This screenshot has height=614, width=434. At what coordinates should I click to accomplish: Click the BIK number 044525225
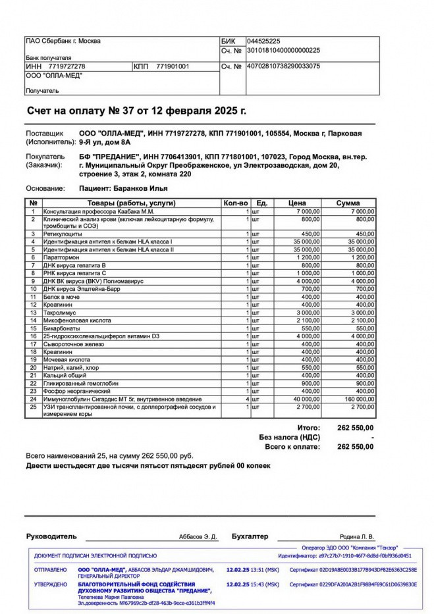pyautogui.click(x=263, y=41)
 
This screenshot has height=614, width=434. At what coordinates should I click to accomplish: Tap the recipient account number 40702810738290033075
pyautogui.click(x=283, y=66)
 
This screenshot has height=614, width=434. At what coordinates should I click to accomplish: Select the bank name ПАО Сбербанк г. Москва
pyautogui.click(x=63, y=41)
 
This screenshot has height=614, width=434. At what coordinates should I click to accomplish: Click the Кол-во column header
pyautogui.click(x=236, y=203)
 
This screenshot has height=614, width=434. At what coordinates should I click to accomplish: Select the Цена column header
pyautogui.click(x=297, y=203)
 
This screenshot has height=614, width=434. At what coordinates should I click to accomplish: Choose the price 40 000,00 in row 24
pyautogui.click(x=302, y=399)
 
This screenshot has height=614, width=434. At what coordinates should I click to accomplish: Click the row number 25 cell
pyautogui.click(x=33, y=407)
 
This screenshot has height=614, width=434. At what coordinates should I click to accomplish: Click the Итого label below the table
pyautogui.click(x=308, y=428)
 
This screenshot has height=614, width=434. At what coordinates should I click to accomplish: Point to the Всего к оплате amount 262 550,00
pyautogui.click(x=355, y=446)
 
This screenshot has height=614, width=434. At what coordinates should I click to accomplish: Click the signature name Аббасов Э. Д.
pyautogui.click(x=198, y=537)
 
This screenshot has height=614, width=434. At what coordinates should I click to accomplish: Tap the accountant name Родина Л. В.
pyautogui.click(x=356, y=537)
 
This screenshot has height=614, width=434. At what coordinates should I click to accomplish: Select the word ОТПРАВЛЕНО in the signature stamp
pyautogui.click(x=50, y=570)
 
